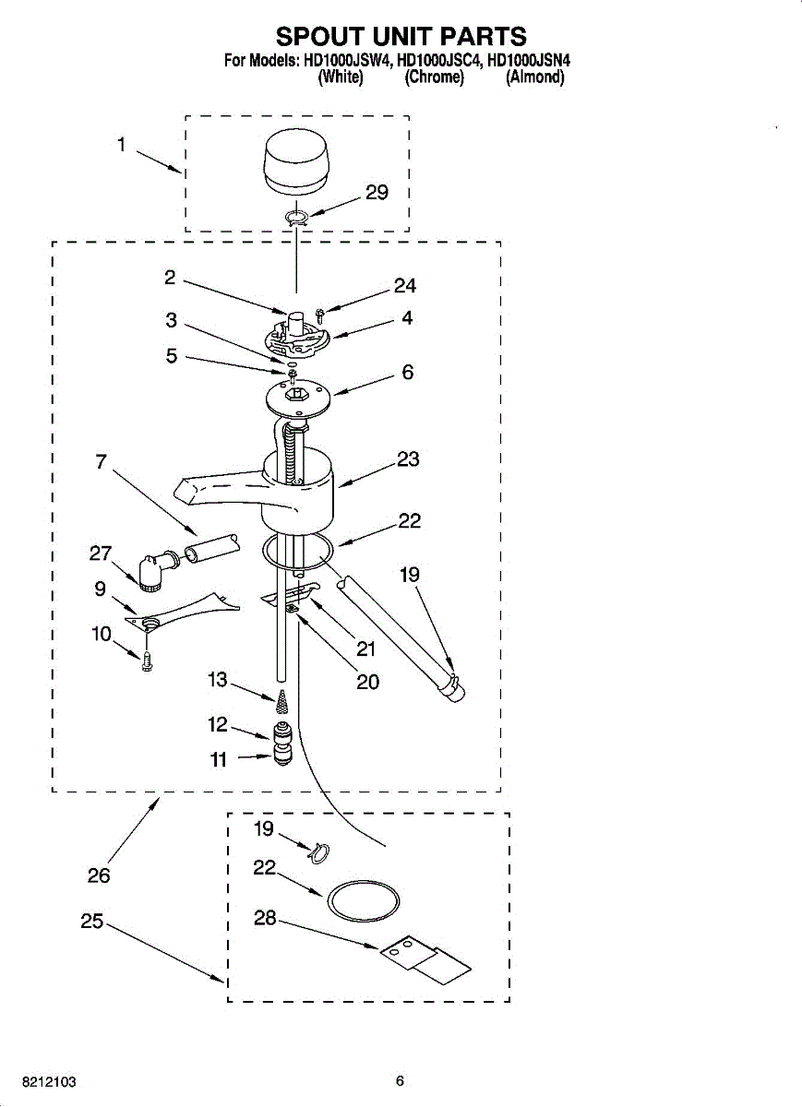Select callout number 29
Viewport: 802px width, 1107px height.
coord(377,193)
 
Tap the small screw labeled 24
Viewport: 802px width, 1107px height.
coord(319,315)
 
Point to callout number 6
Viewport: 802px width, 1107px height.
coord(407,373)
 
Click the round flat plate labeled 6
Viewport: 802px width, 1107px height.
coord(295,398)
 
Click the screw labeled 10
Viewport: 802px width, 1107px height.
coord(147,659)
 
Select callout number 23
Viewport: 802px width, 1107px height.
coord(408,459)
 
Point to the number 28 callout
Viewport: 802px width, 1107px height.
coord(265,919)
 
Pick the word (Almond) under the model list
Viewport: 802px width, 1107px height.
coord(534,77)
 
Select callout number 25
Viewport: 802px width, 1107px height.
coord(91,921)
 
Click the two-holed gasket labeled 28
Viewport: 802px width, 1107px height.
coord(425,959)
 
